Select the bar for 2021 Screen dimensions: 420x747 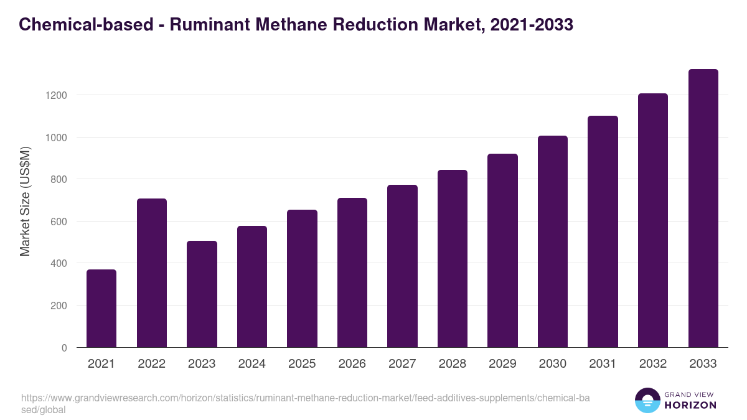pos(101,309)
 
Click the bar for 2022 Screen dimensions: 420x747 pos(152,273)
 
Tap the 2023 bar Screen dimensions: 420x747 pos(202,294)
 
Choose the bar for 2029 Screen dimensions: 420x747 pos(502,251)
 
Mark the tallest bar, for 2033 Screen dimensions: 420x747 pos(703,208)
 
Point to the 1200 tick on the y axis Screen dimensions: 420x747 pos(56,95)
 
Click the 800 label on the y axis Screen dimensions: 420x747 pos(59,179)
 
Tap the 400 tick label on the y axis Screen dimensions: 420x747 pos(59,263)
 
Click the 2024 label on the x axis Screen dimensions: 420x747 pos(252,364)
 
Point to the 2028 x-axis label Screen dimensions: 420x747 pos(453,364)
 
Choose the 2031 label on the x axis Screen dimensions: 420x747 pos(603,364)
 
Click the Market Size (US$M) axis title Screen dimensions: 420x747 pos(25,201)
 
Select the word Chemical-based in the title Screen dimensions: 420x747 pos(86,25)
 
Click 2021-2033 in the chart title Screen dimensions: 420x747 pos(532,25)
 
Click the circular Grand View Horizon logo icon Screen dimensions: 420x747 pos(647,400)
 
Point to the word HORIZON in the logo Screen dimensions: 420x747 pos(690,405)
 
